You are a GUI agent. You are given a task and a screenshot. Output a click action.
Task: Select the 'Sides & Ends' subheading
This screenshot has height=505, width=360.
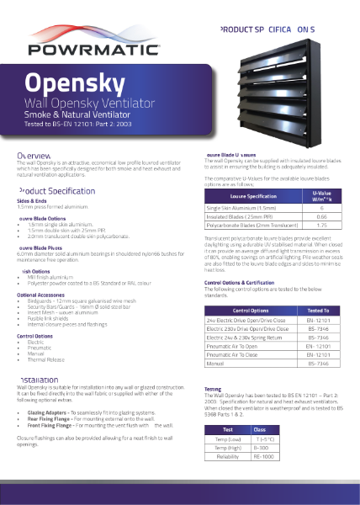(32, 201)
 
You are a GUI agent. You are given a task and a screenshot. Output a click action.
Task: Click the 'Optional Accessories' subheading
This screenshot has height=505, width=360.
(42, 295)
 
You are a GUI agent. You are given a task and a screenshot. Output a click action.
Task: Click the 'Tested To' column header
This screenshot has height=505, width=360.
(319, 311)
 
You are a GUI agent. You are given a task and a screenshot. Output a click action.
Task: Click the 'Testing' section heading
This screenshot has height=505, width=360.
(214, 389)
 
